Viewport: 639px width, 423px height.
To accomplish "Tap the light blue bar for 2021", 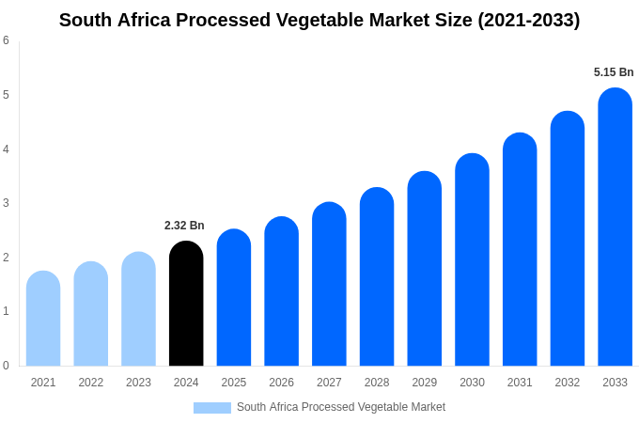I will click(43, 319).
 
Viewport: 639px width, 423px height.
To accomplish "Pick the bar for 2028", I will click(377, 276).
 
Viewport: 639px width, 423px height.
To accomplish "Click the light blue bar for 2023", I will click(138, 309).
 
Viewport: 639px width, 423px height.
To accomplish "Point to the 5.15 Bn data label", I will click(614, 72).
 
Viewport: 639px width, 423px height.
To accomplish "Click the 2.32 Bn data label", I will click(184, 226).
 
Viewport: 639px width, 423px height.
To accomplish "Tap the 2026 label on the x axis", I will click(281, 383).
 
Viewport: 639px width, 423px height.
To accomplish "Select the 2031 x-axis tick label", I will click(520, 383).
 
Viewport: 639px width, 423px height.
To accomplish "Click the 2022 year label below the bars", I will click(91, 383).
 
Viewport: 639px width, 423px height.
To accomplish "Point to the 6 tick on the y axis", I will click(6, 40).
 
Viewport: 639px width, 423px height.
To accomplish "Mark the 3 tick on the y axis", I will click(6, 203).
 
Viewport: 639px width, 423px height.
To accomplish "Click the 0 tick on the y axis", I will click(6, 366).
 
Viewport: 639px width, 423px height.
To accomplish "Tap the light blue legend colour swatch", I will click(212, 408).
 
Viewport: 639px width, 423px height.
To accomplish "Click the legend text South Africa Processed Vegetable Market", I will click(341, 407).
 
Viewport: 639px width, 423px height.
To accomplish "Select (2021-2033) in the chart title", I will click(529, 20).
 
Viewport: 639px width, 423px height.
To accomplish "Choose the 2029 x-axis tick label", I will click(424, 383).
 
